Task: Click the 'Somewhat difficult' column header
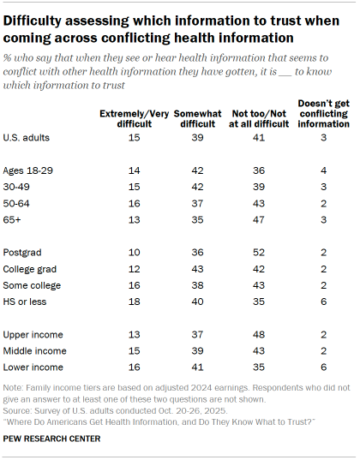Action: [197, 119]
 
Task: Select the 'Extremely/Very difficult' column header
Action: [135, 119]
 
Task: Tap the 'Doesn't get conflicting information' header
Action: [324, 114]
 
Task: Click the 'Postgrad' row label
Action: [22, 253]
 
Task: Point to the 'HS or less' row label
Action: [25, 302]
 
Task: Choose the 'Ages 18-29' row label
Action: [28, 170]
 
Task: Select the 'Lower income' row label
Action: [33, 367]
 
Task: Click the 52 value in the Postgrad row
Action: [259, 253]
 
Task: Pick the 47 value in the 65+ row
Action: [259, 220]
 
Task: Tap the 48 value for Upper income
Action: [259, 334]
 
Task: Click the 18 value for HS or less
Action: [135, 302]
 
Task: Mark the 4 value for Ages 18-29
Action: [324, 170]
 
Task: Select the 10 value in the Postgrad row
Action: [135, 253]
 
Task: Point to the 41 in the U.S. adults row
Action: [259, 138]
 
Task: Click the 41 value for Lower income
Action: [197, 367]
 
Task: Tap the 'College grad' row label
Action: [30, 269]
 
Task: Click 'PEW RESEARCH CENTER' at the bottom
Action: [51, 439]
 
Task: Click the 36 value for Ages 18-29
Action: [259, 170]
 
